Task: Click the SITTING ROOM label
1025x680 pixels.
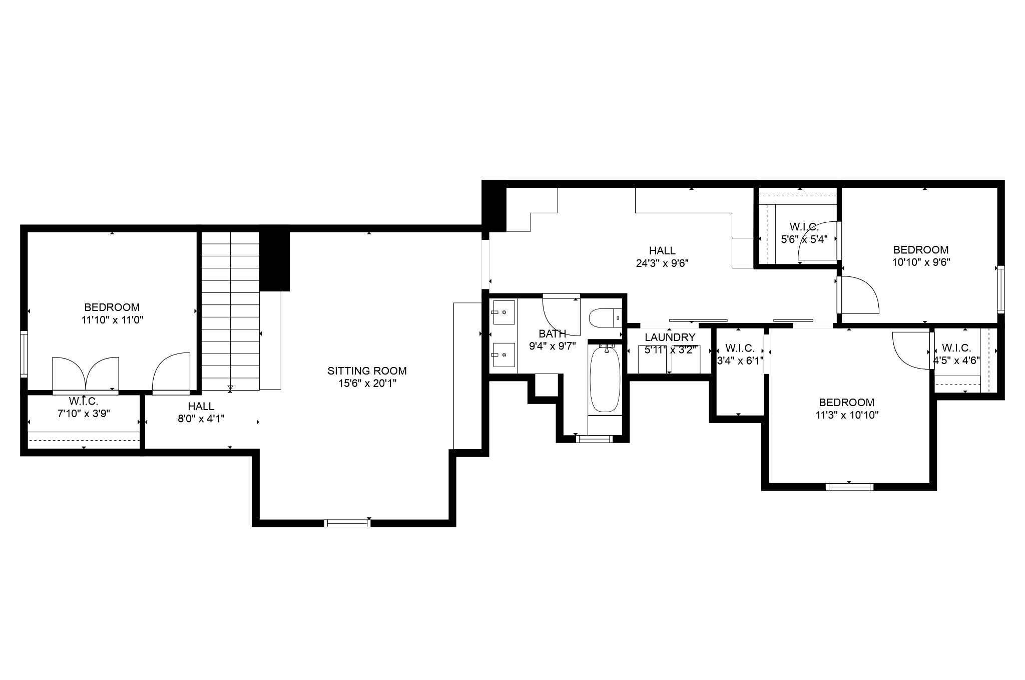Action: [367, 371]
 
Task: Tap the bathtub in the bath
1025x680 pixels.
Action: [605, 379]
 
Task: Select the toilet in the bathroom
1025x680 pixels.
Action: [605, 318]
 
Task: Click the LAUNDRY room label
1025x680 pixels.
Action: [670, 337]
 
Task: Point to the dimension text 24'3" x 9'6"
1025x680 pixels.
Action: [662, 263]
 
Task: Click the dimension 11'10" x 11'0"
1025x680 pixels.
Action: [113, 320]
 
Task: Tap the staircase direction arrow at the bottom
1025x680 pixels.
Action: [230, 387]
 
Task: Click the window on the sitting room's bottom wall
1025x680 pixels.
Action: [347, 523]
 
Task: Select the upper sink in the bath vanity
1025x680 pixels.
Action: [503, 312]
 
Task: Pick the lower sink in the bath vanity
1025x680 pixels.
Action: [503, 355]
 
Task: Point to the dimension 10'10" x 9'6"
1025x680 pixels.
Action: [921, 262]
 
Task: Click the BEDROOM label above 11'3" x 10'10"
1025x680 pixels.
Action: [847, 403]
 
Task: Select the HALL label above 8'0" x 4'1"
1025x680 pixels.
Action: [201, 407]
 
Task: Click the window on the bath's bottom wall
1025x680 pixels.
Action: [594, 439]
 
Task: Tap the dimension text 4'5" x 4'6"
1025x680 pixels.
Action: [956, 360]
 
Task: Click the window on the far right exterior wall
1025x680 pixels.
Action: [1001, 289]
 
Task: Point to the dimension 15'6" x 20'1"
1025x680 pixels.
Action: [367, 384]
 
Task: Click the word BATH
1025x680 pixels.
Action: [553, 333]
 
